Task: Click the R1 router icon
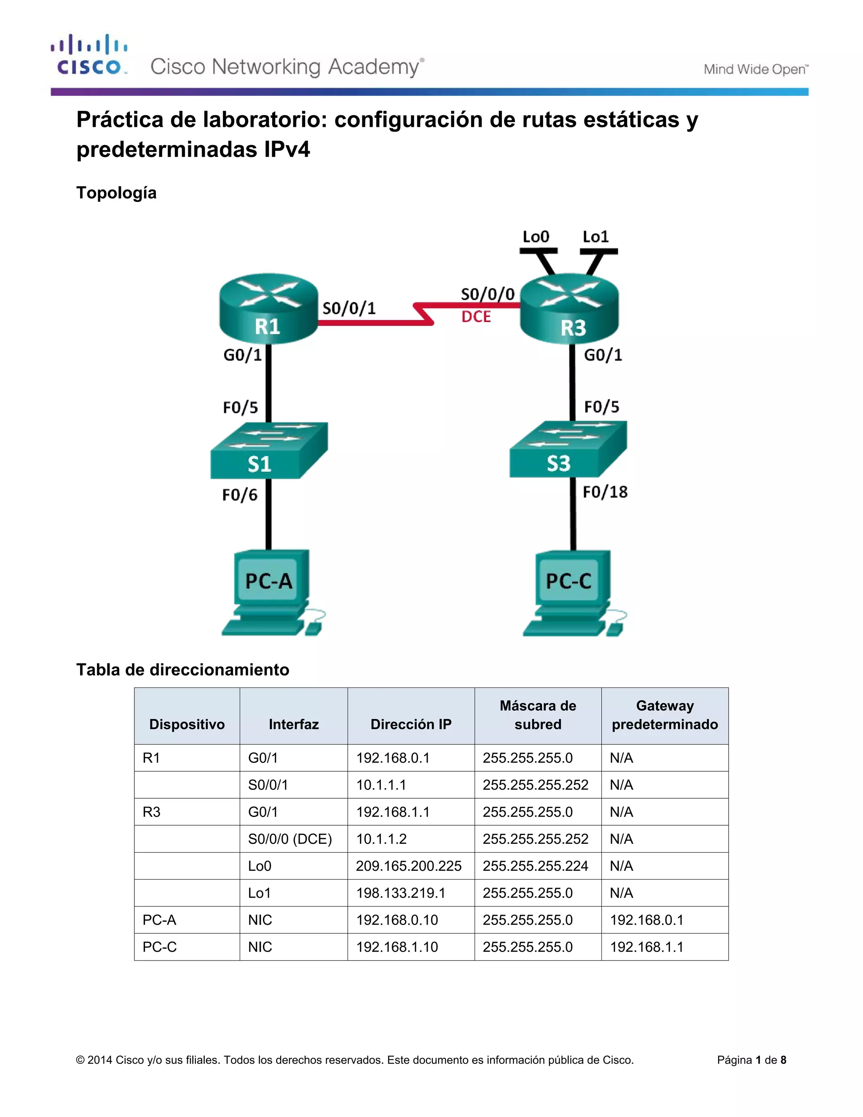(268, 309)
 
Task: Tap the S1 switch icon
(268, 451)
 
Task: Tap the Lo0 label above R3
(535, 237)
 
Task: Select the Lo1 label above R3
(595, 237)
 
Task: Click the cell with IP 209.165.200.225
(408, 866)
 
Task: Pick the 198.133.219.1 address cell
(401, 893)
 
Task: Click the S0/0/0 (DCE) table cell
(290, 839)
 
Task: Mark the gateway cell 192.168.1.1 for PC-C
(646, 947)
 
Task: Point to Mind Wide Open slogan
(756, 69)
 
